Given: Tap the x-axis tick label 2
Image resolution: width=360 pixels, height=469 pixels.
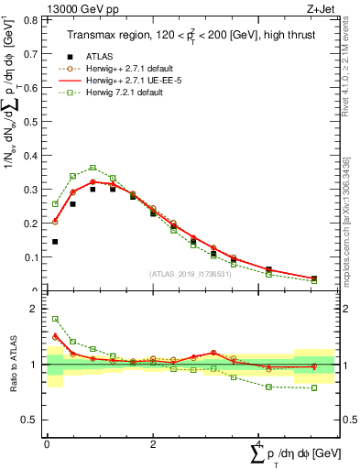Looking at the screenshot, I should [x=153, y=444].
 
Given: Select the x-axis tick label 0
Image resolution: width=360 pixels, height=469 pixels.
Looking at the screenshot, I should [x=47, y=444].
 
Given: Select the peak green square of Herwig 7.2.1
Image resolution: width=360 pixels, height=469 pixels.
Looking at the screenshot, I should [x=93, y=168].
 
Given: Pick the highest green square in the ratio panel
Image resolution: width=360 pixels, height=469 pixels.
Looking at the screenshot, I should [x=55, y=320].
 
